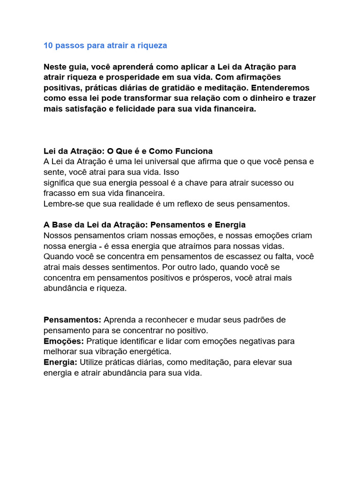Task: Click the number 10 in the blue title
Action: tap(48, 45)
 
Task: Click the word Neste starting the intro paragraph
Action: tap(55, 67)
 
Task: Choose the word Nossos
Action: tap(58, 235)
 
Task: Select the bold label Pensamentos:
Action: tap(72, 320)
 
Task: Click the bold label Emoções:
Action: tap(64, 341)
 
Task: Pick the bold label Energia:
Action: tap(60, 362)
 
